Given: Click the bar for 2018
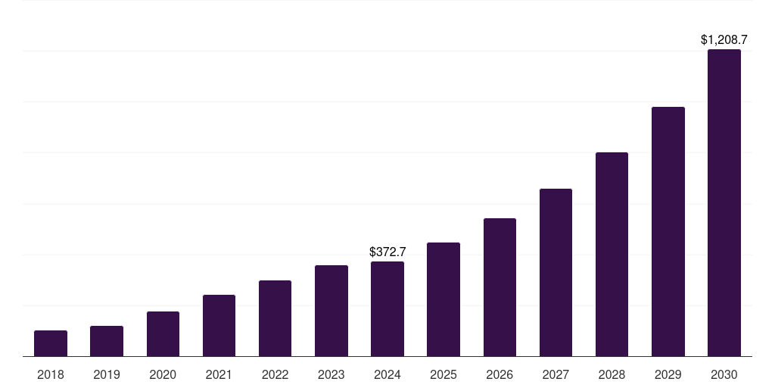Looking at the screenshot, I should (51, 343).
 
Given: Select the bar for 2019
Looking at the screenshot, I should (107, 341).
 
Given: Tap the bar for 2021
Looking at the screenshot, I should (219, 326).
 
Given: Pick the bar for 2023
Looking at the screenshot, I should (331, 311).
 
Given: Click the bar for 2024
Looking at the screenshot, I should (387, 309).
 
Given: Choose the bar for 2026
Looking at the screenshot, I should (500, 287).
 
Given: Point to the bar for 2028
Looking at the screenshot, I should (612, 255).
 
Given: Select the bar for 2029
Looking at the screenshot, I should (668, 232).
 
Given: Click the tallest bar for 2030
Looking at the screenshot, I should (724, 203).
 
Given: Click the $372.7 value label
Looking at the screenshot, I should (387, 252).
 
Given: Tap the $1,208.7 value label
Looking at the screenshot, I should (724, 39).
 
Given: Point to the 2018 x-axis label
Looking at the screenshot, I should (51, 374).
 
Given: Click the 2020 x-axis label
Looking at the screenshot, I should (163, 374).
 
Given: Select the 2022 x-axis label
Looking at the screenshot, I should (275, 374).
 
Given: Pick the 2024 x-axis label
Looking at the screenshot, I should (387, 374).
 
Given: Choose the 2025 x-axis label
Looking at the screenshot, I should (444, 374).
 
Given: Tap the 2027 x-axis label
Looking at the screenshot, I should (556, 374).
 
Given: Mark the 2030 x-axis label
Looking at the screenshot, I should (724, 374).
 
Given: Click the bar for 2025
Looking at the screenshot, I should (444, 299).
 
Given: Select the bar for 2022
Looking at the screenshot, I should (275, 318).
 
